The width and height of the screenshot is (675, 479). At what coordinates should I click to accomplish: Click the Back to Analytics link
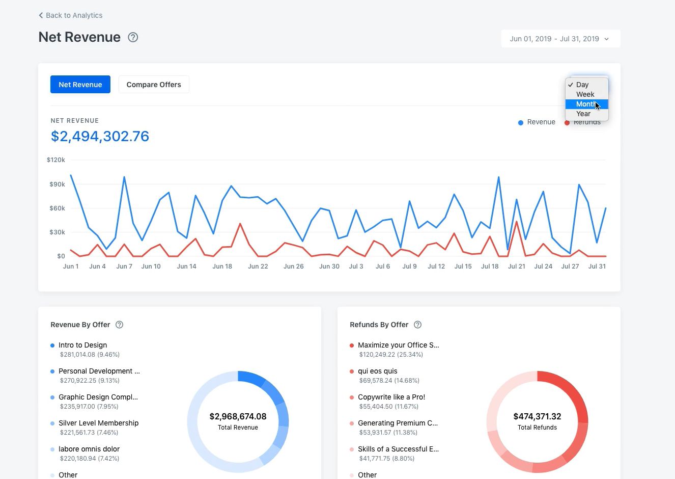pyautogui.click(x=71, y=15)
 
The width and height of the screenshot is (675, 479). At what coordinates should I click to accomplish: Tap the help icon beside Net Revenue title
pyautogui.click(x=133, y=37)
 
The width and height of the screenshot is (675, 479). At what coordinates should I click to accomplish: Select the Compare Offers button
pyautogui.click(x=154, y=85)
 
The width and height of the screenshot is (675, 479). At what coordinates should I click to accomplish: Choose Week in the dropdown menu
pyautogui.click(x=585, y=94)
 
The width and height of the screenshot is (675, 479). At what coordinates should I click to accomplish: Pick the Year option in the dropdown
pyautogui.click(x=583, y=114)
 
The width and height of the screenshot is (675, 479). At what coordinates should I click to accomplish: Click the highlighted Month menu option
pyautogui.click(x=586, y=104)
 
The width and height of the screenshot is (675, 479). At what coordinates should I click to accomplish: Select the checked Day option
pyautogui.click(x=582, y=85)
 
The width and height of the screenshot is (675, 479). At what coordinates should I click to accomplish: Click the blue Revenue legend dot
pyautogui.click(x=521, y=122)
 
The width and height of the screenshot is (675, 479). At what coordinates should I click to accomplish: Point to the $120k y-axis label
pyautogui.click(x=56, y=160)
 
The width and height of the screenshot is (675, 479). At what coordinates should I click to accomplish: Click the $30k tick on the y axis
pyautogui.click(x=57, y=232)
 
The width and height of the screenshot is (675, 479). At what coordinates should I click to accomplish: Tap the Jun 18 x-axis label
pyautogui.click(x=222, y=267)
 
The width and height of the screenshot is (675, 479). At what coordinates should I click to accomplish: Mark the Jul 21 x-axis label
pyautogui.click(x=517, y=267)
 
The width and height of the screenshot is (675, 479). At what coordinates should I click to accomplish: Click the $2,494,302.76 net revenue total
pyautogui.click(x=100, y=136)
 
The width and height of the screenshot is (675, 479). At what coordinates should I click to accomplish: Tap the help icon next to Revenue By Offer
pyautogui.click(x=119, y=325)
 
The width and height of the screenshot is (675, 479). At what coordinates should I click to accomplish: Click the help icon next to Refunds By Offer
pyautogui.click(x=417, y=325)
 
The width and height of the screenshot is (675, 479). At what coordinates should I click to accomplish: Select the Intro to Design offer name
pyautogui.click(x=83, y=345)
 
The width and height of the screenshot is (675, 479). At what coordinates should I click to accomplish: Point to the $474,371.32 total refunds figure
pyautogui.click(x=537, y=416)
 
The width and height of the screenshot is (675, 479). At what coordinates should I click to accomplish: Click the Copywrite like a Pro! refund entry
pyautogui.click(x=391, y=397)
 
